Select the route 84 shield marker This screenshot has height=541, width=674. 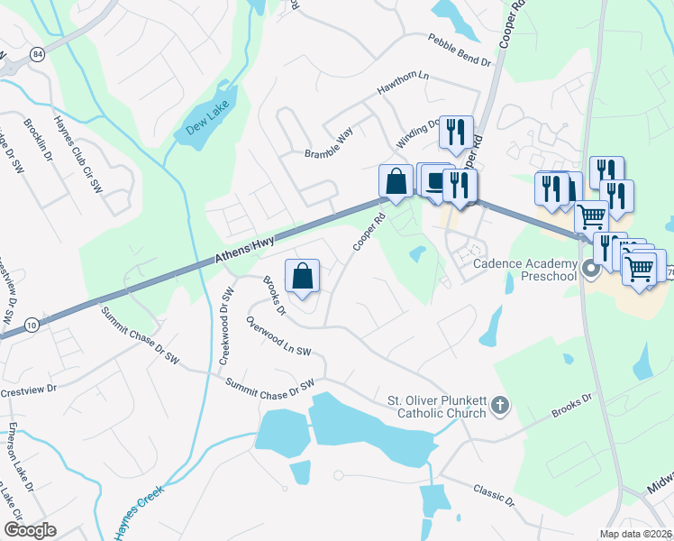coord(36,53)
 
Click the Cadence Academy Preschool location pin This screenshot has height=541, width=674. coord(591,268)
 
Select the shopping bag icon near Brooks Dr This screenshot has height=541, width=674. coord(303,276)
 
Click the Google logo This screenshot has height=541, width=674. coord(30,530)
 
